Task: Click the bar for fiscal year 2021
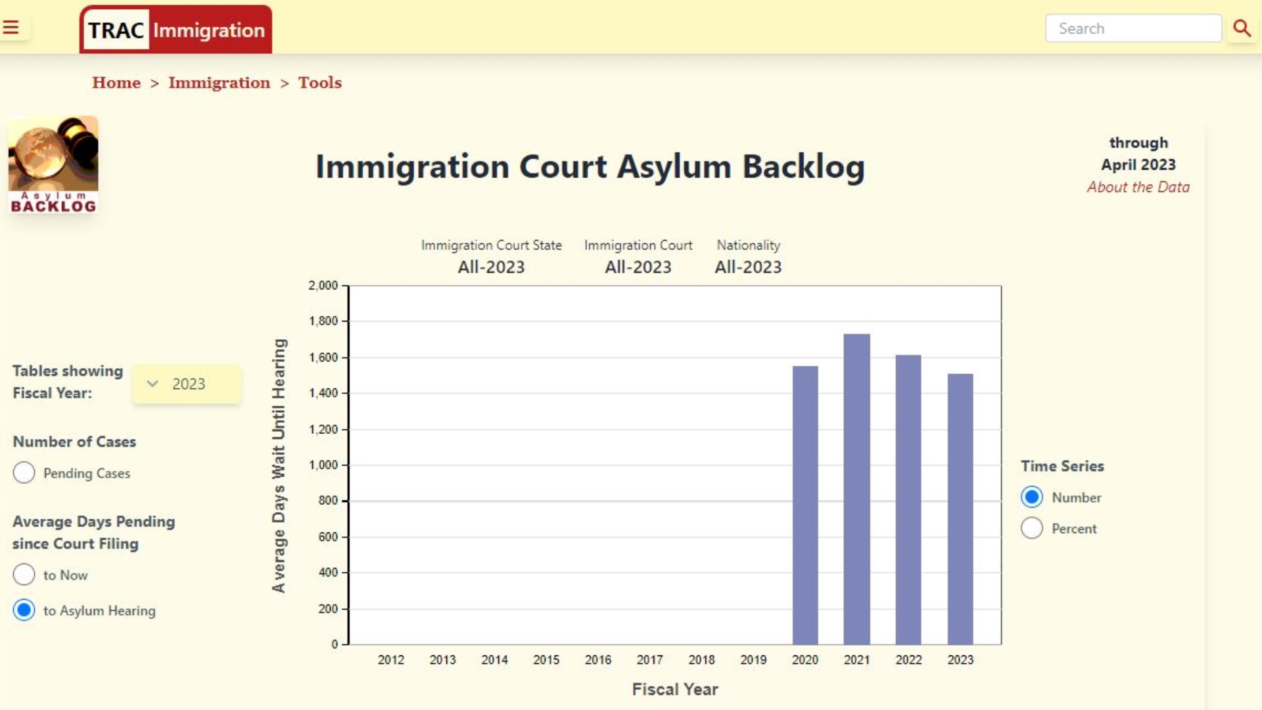coord(856,489)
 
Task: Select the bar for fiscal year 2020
coord(805,505)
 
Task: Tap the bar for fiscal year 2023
coord(960,509)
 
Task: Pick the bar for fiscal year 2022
coord(908,500)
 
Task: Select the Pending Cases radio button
coord(24,473)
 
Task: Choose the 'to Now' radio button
coord(24,575)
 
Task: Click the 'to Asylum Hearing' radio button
coord(24,610)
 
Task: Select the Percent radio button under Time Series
coord(1032,528)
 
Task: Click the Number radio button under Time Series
coord(1032,497)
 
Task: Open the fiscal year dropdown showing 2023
coord(187,384)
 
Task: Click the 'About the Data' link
coord(1138,187)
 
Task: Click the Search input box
coord(1133,29)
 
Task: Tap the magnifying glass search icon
coord(1242,28)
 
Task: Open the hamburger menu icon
coord(11,28)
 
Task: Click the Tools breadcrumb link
coord(320,83)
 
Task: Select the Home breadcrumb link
coord(116,83)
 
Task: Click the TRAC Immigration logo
coord(175,30)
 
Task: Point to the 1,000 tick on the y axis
coord(323,465)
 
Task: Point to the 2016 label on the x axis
coord(598,660)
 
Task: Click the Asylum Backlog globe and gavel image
coord(53,164)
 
